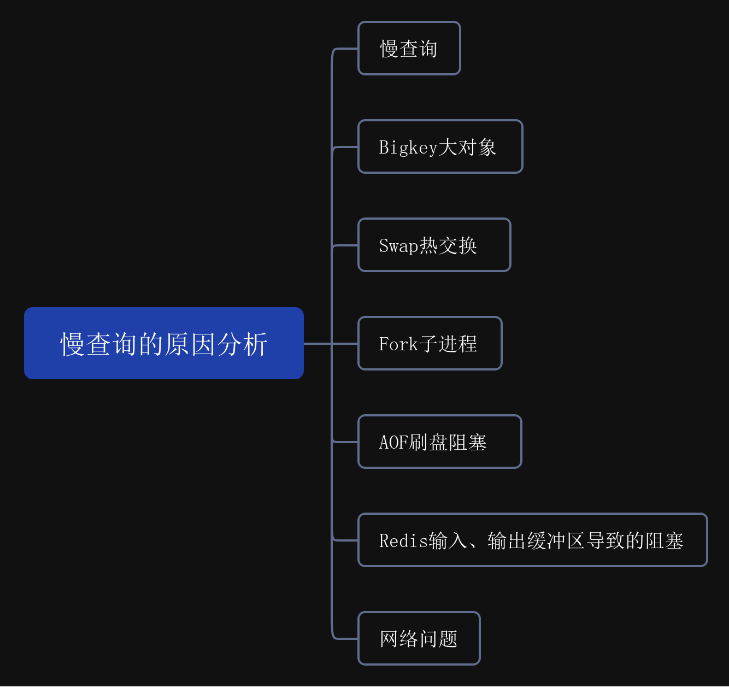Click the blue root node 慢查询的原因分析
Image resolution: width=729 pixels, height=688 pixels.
pos(164,343)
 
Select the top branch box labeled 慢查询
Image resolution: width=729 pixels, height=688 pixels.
pos(409,49)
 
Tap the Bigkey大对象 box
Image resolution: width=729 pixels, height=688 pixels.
pos(440,147)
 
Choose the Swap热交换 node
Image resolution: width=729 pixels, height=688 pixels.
pos(434,245)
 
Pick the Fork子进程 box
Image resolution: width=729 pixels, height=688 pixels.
pos(430,344)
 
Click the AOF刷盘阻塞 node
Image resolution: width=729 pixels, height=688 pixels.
pos(439,442)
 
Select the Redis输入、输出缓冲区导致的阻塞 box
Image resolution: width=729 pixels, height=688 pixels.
pos(532,540)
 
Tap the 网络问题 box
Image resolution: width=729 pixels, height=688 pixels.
pos(419,639)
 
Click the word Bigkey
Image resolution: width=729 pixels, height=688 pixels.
pos(408,148)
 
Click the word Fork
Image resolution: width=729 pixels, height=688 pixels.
pos(398,344)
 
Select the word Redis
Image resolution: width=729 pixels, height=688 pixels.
pos(403,541)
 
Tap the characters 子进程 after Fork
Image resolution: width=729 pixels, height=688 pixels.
pos(448,344)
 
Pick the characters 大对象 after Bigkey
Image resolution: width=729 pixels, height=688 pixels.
pos(467,148)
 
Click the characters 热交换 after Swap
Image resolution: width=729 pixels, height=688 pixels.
pos(448,246)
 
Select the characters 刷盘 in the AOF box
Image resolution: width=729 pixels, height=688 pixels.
pos(428,443)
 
